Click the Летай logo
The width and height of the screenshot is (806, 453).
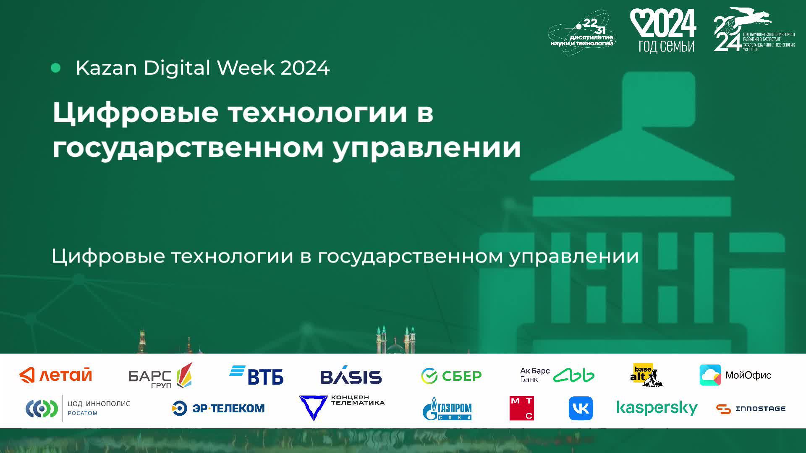click(x=56, y=375)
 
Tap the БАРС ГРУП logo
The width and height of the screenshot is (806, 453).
click(x=160, y=375)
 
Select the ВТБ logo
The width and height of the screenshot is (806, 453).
click(x=256, y=375)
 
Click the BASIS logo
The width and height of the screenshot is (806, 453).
click(x=351, y=376)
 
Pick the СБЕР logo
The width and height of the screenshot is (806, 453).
click(x=451, y=376)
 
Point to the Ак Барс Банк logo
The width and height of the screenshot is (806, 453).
click(x=557, y=375)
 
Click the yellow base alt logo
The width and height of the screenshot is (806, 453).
click(x=646, y=375)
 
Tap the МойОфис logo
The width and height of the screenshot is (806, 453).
click(x=735, y=375)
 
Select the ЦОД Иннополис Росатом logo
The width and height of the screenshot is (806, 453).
click(x=78, y=409)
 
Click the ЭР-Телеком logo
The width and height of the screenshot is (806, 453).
click(x=218, y=408)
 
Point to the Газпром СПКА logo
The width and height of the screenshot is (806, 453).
click(x=447, y=409)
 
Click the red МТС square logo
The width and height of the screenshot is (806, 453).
click(x=521, y=408)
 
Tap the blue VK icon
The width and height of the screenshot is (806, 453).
click(x=581, y=408)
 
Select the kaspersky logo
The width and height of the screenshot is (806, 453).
click(x=657, y=408)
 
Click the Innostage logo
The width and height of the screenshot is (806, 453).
click(x=751, y=409)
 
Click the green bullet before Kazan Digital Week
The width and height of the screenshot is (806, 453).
click(x=55, y=68)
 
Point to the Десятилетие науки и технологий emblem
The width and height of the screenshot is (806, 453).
click(x=582, y=33)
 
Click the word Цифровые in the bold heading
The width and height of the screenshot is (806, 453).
click(x=135, y=113)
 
